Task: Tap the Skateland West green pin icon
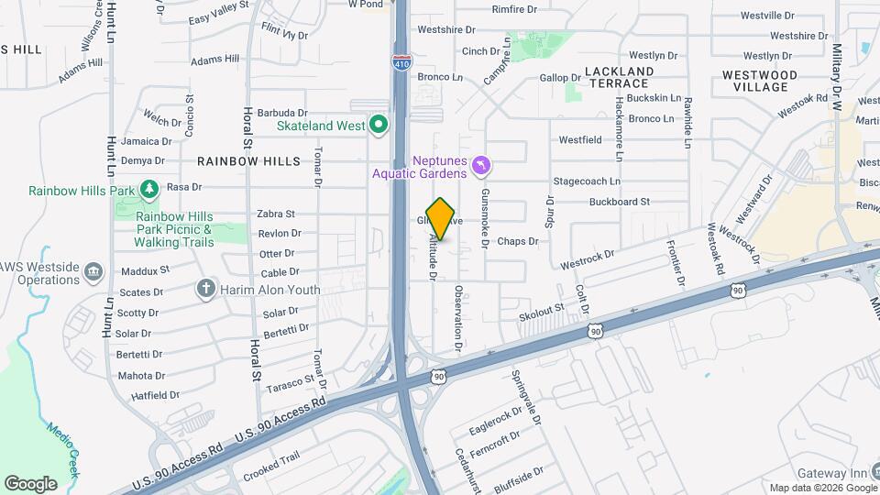pos(378,125)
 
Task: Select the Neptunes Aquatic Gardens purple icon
pos(481,165)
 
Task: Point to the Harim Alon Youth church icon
pos(206,290)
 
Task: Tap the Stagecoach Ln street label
pos(587,181)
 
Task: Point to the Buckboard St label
pos(619,202)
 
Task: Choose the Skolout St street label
pos(541,313)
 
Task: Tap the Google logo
pos(30,483)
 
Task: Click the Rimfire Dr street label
pos(514,9)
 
